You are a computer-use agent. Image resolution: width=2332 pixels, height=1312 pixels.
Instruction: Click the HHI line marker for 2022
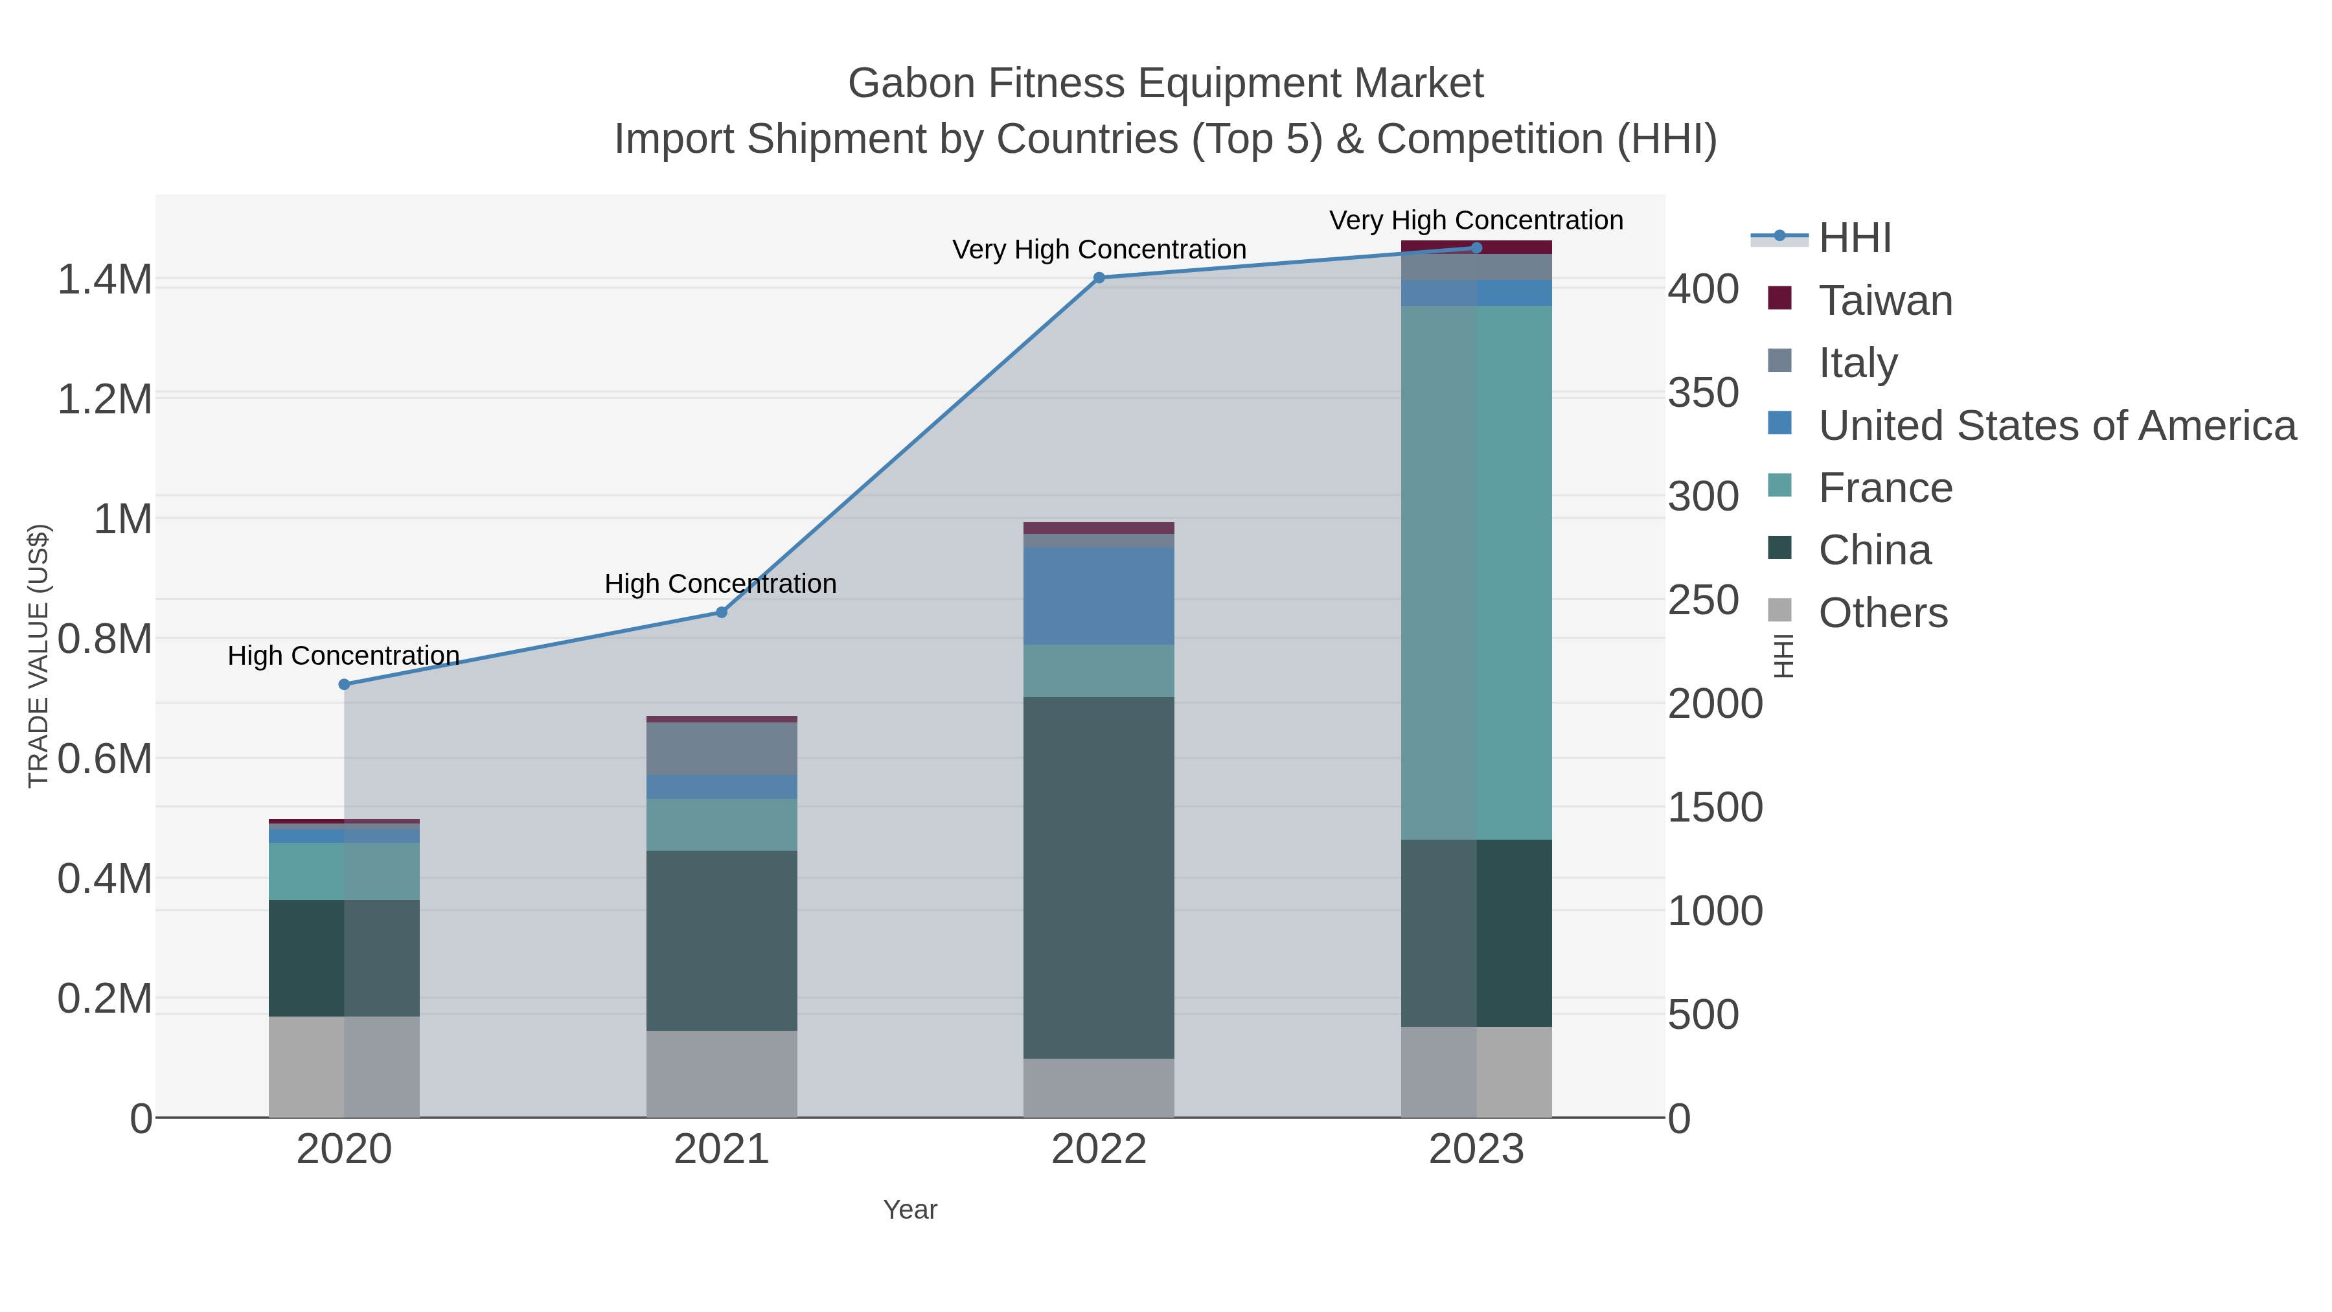tap(1099, 278)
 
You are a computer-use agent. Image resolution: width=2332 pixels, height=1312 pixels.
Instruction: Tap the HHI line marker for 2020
tap(344, 685)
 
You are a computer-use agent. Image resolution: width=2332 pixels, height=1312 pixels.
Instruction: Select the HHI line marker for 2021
tap(722, 612)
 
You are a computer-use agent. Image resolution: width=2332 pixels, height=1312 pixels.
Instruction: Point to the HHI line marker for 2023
tap(1476, 248)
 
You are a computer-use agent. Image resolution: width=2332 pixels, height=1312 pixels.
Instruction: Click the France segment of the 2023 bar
tap(1476, 572)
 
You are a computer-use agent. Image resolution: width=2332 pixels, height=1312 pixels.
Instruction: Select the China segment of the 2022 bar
tap(1099, 877)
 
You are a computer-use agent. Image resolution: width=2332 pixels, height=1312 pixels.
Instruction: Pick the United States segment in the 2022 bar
tap(1099, 596)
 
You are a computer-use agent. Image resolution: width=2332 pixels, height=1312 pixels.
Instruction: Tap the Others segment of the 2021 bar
tap(722, 1073)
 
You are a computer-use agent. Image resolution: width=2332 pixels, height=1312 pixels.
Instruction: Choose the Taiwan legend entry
tap(1885, 301)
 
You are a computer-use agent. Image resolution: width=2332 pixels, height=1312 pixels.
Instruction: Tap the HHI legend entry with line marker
tap(1853, 238)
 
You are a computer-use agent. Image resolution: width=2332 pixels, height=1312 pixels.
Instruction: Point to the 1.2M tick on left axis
tap(104, 399)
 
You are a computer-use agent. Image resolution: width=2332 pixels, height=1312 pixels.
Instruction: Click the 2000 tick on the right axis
tap(1715, 704)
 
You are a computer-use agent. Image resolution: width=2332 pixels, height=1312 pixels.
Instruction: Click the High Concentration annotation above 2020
tap(344, 656)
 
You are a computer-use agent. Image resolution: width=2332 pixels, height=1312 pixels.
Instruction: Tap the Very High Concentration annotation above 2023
tap(1476, 220)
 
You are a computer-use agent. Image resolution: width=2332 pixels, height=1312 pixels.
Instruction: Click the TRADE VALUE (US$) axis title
tap(39, 656)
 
